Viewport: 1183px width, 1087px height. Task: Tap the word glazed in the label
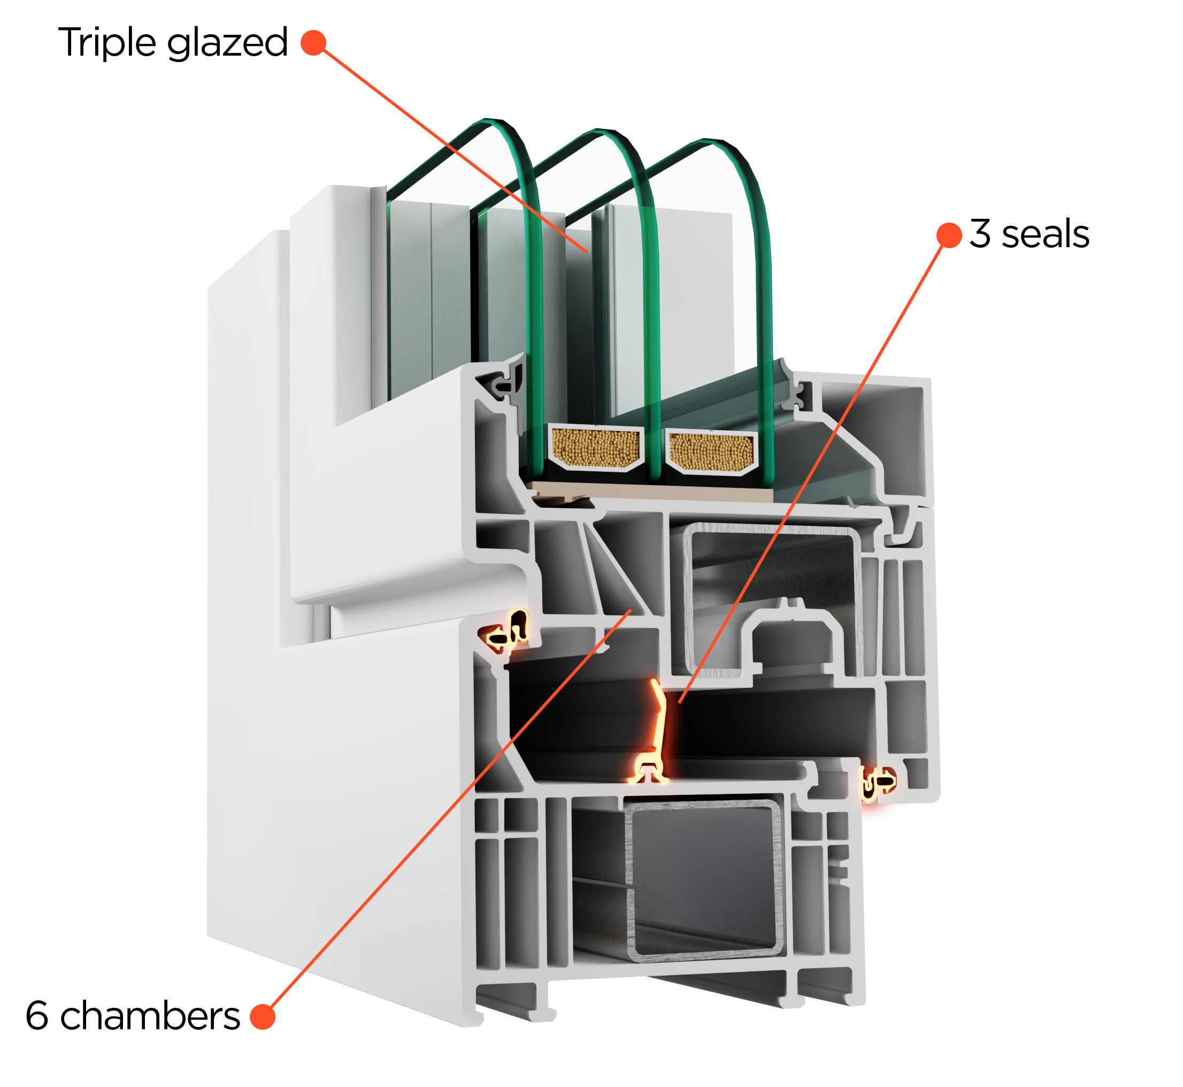point(227,43)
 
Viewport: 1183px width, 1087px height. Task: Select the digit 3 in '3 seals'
point(980,234)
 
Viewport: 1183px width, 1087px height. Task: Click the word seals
point(1046,234)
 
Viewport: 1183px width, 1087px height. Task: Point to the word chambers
point(150,1016)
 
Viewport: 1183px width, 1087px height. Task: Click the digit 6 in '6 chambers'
point(36,1016)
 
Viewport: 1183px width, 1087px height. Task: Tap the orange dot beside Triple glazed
point(313,43)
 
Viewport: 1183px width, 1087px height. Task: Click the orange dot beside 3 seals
point(949,235)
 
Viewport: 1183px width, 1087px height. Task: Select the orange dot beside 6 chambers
point(262,1017)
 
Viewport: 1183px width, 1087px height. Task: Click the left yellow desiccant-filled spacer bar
point(596,448)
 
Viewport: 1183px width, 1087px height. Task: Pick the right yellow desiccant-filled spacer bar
point(711,451)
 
